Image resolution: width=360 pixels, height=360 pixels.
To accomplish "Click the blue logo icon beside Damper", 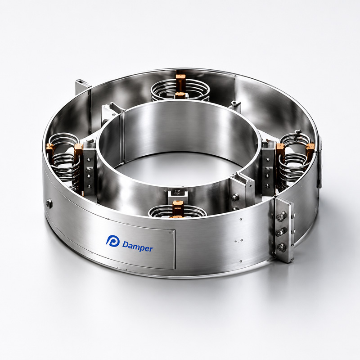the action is [112, 241].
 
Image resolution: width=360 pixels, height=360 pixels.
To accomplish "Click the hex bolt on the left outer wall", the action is [49, 204].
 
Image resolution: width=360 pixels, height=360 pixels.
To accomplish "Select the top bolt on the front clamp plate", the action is [281, 216].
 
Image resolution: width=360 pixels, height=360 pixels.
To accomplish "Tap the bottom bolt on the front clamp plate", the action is [281, 247].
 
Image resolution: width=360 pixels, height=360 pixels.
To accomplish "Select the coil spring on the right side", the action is [295, 157].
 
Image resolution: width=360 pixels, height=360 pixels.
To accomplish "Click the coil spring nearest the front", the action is [177, 211].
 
